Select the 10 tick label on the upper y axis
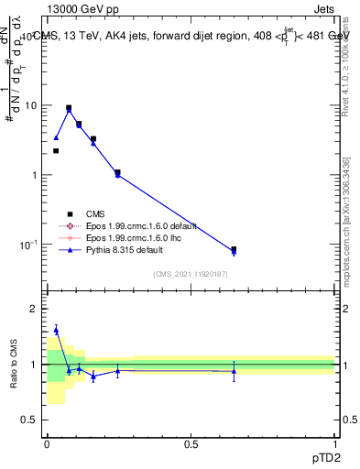click(x=30, y=105)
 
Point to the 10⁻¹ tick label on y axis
click(x=27, y=245)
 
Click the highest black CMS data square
click(x=69, y=107)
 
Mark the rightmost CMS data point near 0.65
click(x=234, y=249)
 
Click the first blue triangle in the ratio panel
click(x=56, y=330)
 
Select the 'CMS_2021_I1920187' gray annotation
click(x=191, y=273)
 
